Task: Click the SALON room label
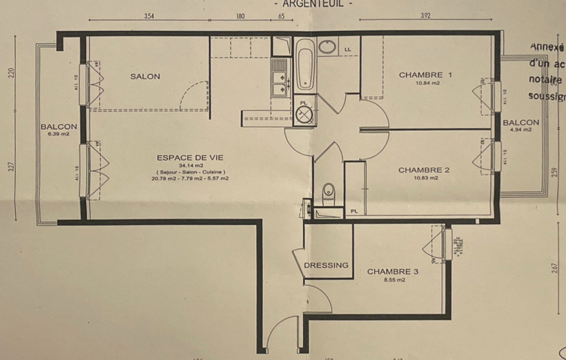pyautogui.click(x=145, y=77)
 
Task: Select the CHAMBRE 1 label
pyautogui.click(x=425, y=74)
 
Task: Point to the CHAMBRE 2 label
pyautogui.click(x=424, y=170)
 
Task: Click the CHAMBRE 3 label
pyautogui.click(x=392, y=272)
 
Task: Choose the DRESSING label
pyautogui.click(x=326, y=265)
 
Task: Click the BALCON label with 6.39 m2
pyautogui.click(x=59, y=127)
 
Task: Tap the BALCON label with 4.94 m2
pyautogui.click(x=520, y=123)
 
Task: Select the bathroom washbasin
pyautogui.click(x=327, y=48)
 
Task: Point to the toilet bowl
pyautogui.click(x=329, y=190)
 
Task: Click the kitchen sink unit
pyautogui.click(x=280, y=77)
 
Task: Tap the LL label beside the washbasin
pyautogui.click(x=347, y=49)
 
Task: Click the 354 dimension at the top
pyautogui.click(x=148, y=16)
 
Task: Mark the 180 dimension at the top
pyautogui.click(x=240, y=16)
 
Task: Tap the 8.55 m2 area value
pyautogui.click(x=392, y=280)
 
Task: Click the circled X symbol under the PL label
pyautogui.click(x=304, y=115)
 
